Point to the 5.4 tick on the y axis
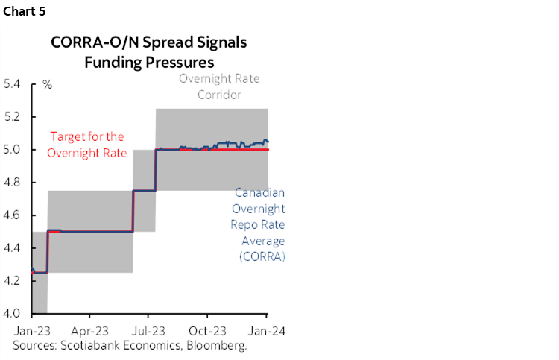coord(14,83)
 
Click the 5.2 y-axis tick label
coord(14,116)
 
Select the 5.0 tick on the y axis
coord(14,149)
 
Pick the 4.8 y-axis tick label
coord(14,182)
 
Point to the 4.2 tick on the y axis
coord(14,280)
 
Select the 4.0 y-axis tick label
coord(14,313)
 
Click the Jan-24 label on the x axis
coord(267,330)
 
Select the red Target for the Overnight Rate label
coord(86,145)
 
